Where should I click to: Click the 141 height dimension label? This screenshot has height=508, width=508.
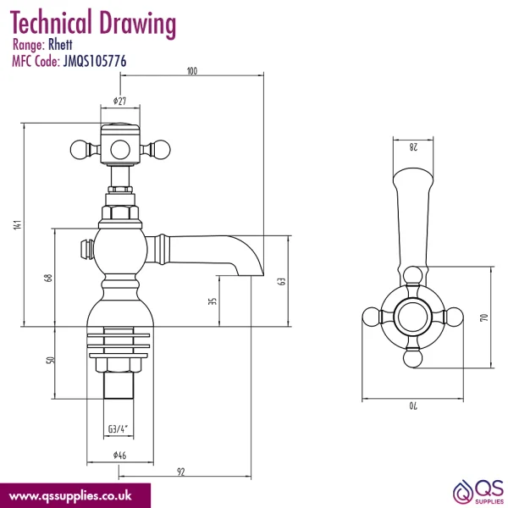[x=18, y=224]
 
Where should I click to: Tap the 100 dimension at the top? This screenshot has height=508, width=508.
[x=192, y=71]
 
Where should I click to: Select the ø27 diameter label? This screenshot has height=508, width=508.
[x=119, y=101]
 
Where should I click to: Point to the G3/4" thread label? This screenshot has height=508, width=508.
[x=119, y=429]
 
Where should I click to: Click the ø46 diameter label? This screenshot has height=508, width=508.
[x=119, y=456]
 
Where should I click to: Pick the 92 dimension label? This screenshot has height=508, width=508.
[x=181, y=472]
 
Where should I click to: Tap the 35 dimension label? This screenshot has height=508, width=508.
[x=213, y=301]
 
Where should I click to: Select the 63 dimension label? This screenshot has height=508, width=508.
[x=282, y=281]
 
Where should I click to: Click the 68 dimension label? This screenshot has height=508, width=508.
[x=48, y=278]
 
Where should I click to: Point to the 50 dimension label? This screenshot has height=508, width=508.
[x=51, y=360]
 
